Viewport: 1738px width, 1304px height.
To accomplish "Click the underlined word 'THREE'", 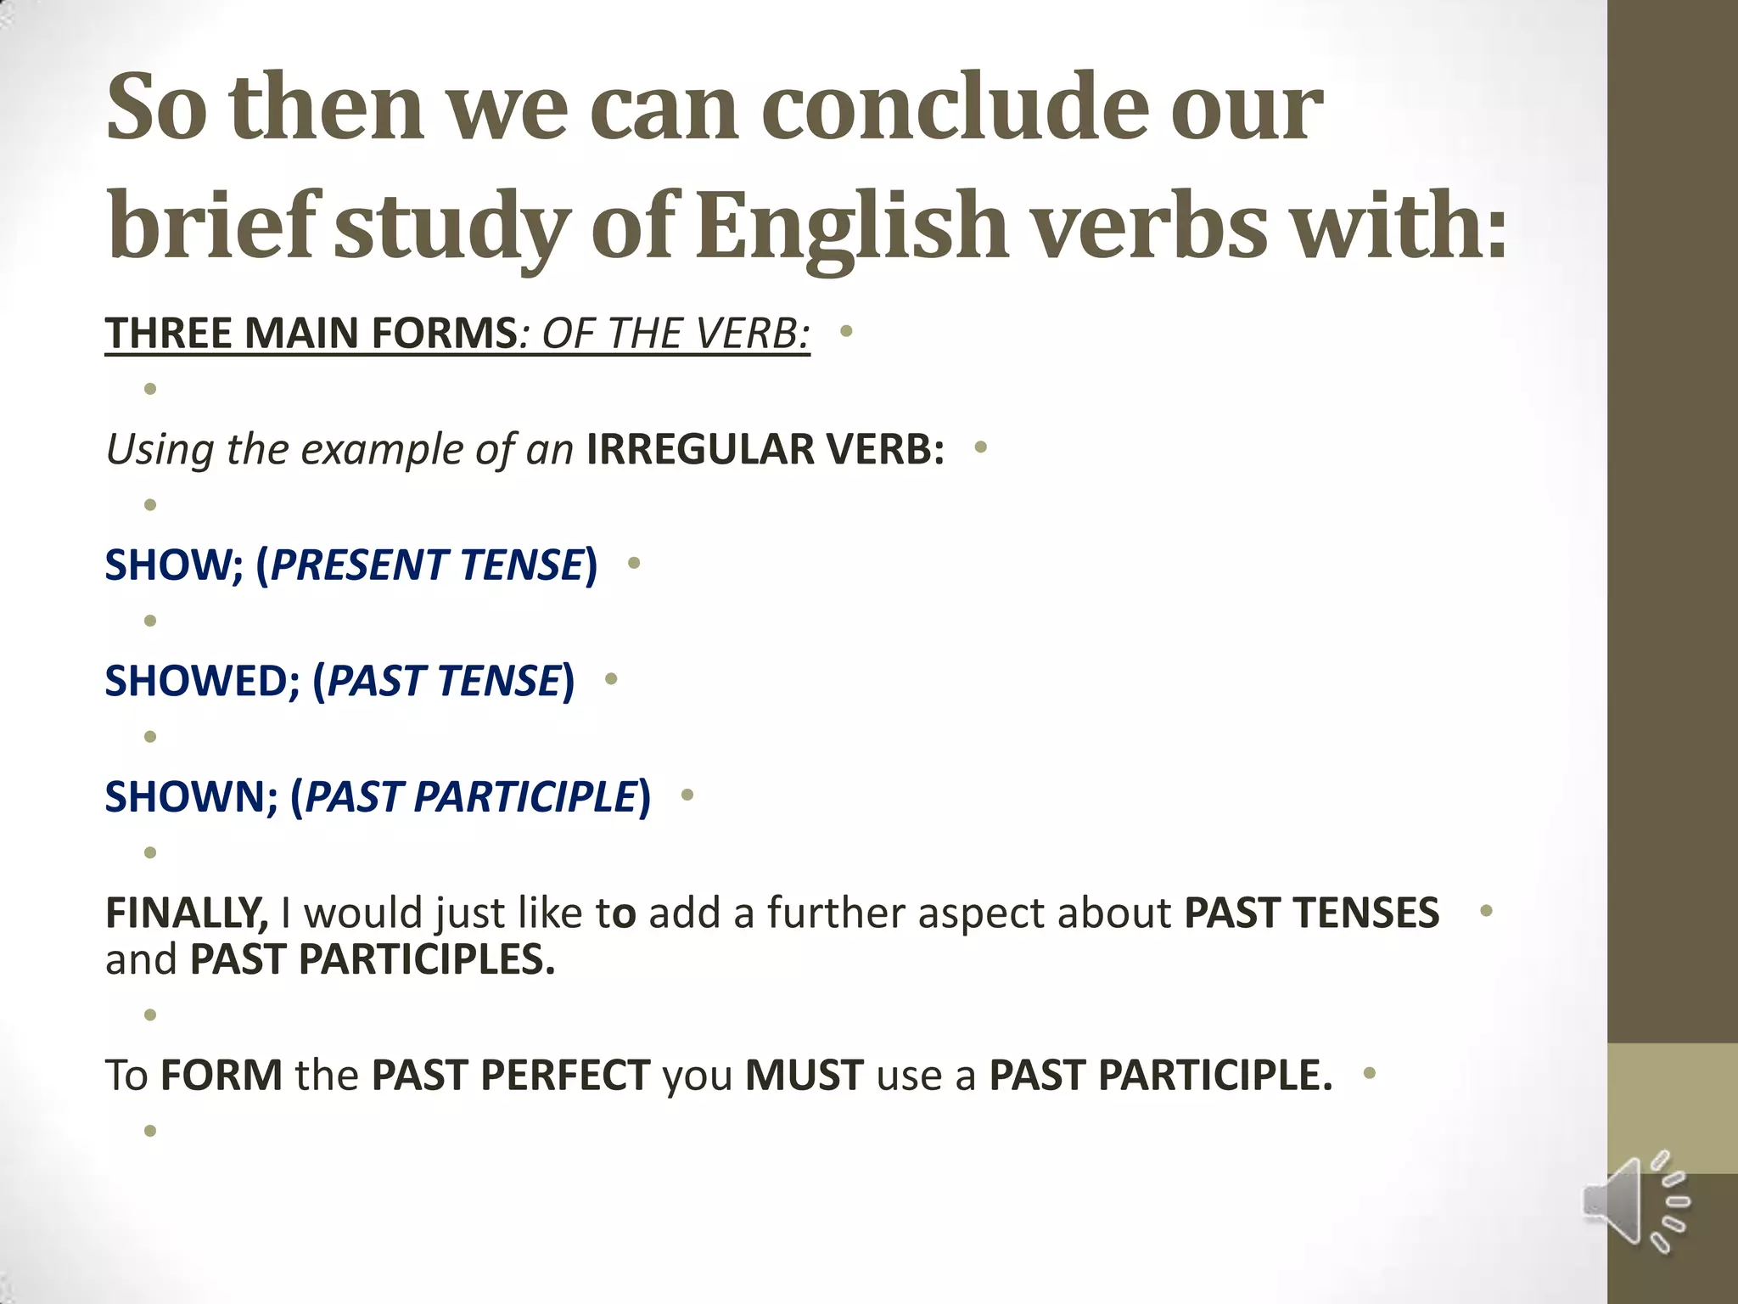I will tap(169, 332).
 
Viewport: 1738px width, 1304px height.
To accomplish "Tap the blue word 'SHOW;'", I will tap(174, 565).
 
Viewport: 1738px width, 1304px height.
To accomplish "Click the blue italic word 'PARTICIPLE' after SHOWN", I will tap(525, 796).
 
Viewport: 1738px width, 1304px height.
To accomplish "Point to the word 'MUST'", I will tap(805, 1075).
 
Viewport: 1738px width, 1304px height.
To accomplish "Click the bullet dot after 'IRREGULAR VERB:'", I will tap(981, 447).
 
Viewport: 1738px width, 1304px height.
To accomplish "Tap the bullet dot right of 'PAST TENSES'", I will tap(1486, 911).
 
